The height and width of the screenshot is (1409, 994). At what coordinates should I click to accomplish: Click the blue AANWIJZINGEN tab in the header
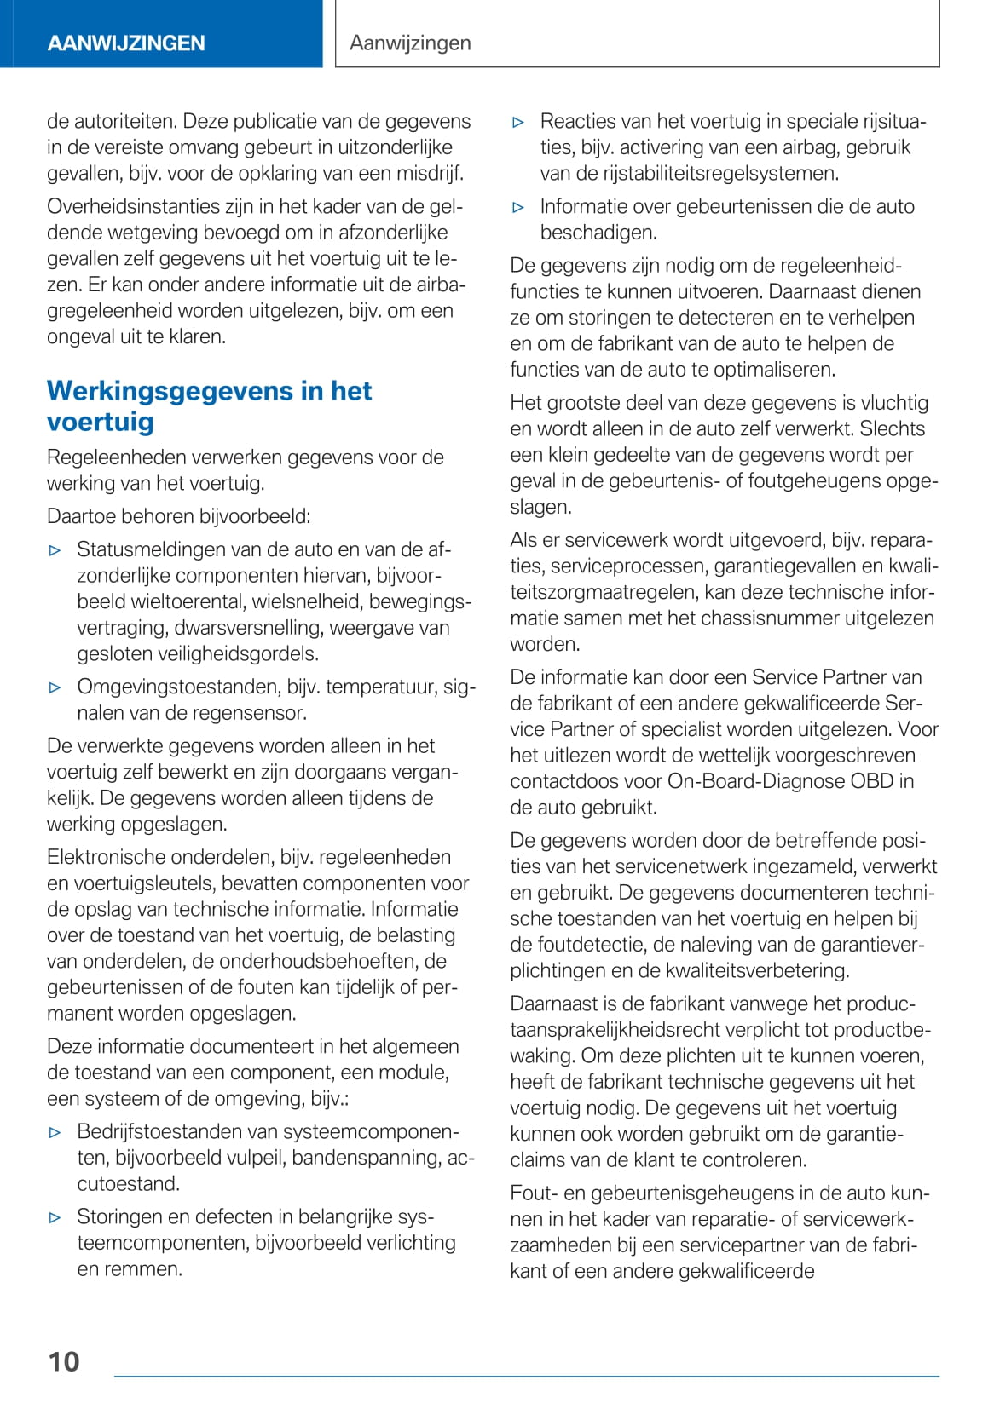click(126, 43)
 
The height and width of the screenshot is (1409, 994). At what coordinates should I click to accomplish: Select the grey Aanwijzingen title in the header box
click(410, 43)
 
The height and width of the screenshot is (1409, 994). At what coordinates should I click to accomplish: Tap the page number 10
click(64, 1362)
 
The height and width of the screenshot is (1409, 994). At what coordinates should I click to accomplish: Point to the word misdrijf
click(430, 173)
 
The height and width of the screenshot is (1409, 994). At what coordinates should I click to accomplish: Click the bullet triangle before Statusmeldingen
click(55, 550)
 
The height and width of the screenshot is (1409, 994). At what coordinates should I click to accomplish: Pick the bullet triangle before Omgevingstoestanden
click(55, 687)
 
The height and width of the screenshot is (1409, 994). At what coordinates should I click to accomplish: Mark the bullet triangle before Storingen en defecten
click(55, 1217)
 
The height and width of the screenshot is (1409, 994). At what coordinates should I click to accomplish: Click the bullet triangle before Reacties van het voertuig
click(518, 122)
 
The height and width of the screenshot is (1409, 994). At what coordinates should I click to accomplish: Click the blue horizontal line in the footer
click(526, 1376)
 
